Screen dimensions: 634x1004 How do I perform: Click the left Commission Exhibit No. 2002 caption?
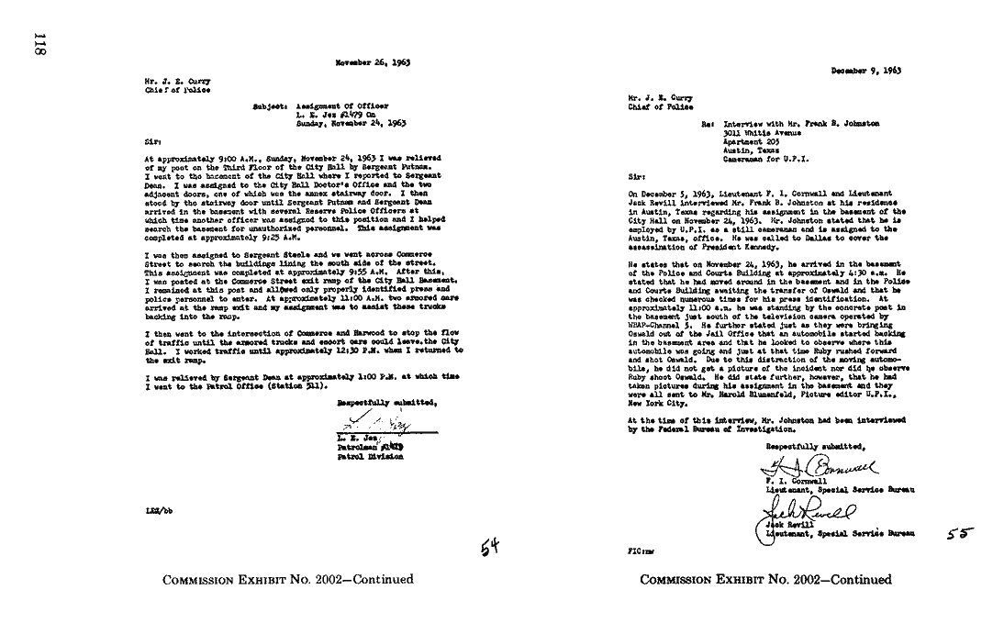[x=288, y=579]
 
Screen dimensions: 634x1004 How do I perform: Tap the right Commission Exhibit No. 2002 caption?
[x=765, y=579]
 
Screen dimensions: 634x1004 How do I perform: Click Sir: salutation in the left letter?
[x=152, y=142]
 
